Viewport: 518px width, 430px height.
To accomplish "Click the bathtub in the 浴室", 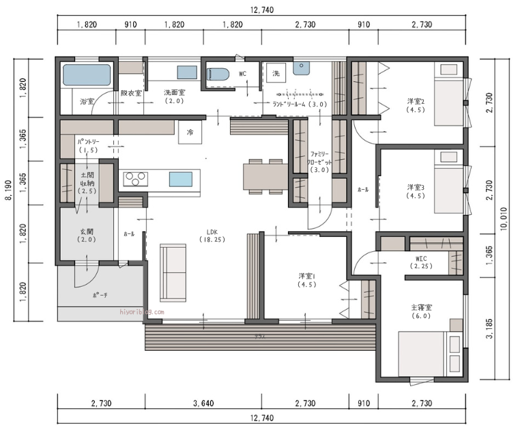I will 87,74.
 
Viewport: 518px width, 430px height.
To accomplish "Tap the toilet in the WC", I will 218,74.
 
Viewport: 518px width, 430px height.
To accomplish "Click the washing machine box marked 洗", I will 276,73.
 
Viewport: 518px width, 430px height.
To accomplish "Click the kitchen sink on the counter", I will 181,180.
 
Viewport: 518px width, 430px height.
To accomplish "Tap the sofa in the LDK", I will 173,272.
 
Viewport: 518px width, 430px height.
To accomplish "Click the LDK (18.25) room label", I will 208,235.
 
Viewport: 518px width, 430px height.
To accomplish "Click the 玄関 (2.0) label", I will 86,235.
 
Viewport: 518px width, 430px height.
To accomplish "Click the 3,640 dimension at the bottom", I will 203,403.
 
